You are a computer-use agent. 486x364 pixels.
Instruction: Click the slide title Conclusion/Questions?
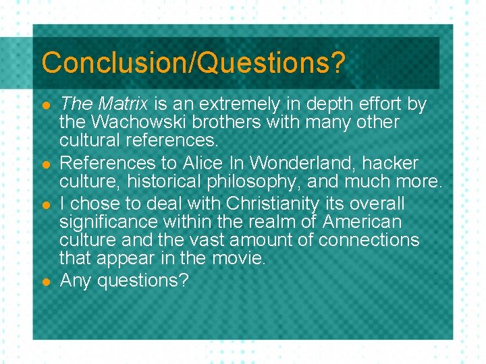point(193,63)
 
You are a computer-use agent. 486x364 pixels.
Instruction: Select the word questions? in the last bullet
point(142,280)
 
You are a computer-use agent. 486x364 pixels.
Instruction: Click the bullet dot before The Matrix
point(46,106)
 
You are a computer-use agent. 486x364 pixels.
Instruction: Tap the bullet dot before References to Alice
point(46,164)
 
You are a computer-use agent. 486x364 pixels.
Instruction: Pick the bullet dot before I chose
point(46,204)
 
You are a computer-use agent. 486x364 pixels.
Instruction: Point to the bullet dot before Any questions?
point(46,280)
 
